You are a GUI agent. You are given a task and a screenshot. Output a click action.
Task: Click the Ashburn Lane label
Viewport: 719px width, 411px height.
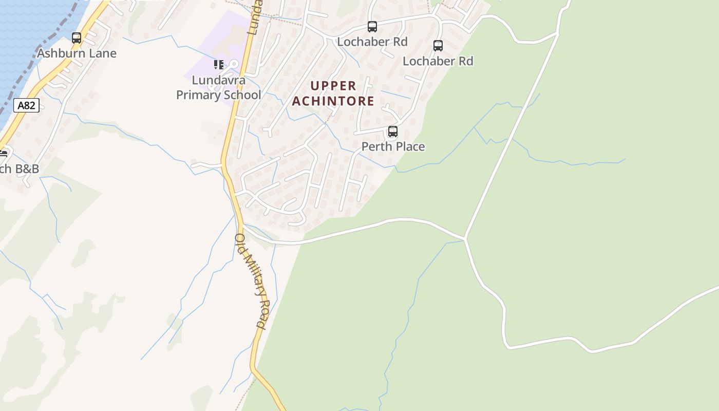pyautogui.click(x=77, y=53)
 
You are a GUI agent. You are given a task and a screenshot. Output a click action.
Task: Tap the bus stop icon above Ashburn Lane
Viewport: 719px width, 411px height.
pyautogui.click(x=77, y=38)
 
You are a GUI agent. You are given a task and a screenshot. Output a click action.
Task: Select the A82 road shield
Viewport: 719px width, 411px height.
pyautogui.click(x=26, y=106)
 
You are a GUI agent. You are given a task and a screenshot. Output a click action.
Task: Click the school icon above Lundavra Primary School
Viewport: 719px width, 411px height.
pyautogui.click(x=219, y=65)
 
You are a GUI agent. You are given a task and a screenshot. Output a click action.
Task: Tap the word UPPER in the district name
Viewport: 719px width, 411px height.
pyautogui.click(x=333, y=86)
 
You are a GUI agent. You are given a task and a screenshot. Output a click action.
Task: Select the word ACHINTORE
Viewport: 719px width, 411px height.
pyautogui.click(x=333, y=101)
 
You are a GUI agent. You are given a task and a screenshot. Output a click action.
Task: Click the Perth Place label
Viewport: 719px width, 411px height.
pyautogui.click(x=393, y=147)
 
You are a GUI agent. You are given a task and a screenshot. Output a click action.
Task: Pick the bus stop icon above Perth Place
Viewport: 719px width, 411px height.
pyautogui.click(x=393, y=132)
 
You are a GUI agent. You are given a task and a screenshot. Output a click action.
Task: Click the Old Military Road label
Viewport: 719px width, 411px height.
pyautogui.click(x=252, y=281)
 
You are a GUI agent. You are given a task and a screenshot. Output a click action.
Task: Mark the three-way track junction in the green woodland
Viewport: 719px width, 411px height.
pyautogui.click(x=465, y=239)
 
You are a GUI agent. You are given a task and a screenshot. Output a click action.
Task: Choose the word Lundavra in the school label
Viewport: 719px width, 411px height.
pyautogui.click(x=219, y=81)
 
